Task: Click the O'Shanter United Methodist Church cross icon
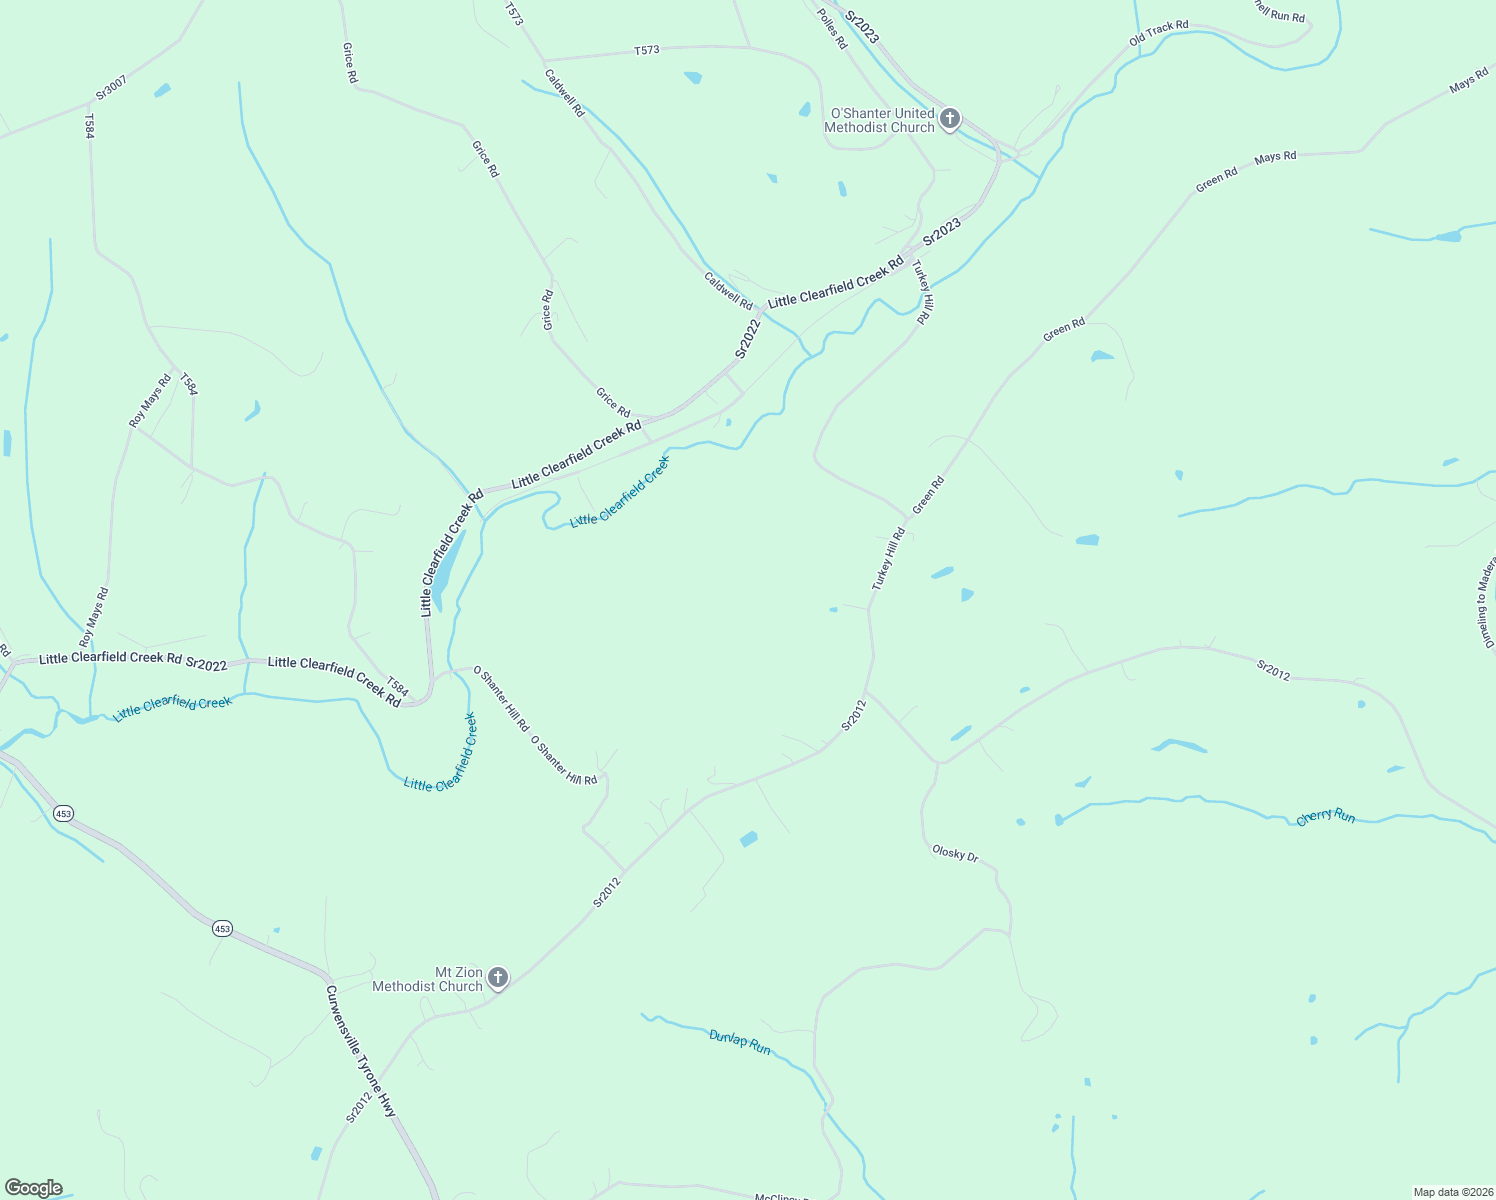(x=950, y=120)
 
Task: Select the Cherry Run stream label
(x=1325, y=817)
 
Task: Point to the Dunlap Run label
(x=740, y=1042)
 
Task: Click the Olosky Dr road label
(x=955, y=854)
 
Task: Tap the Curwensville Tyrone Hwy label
(x=360, y=1051)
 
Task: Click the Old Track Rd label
(x=1158, y=33)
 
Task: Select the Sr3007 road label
(x=111, y=86)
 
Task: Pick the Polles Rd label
(x=832, y=29)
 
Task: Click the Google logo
(x=33, y=1188)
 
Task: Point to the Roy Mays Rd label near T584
(x=150, y=401)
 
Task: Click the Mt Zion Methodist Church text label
(x=427, y=979)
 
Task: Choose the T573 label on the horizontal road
(x=646, y=50)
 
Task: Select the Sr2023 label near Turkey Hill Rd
(x=941, y=232)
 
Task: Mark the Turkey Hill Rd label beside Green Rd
(x=887, y=559)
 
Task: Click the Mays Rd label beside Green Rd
(x=1275, y=157)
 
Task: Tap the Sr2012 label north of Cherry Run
(x=1273, y=670)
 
